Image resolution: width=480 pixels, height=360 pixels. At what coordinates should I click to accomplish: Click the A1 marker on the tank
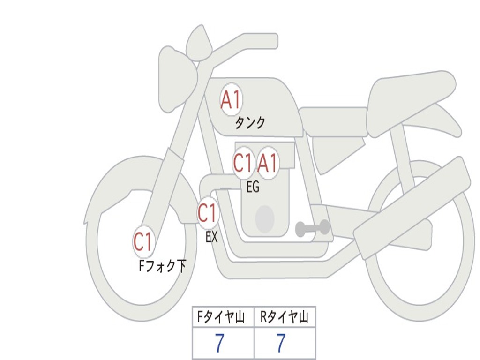[231, 100]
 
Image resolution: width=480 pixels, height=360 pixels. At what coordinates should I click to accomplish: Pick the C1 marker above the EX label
[208, 213]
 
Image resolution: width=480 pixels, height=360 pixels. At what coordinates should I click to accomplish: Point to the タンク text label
[250, 123]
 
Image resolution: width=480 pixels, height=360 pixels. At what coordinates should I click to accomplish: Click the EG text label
[253, 187]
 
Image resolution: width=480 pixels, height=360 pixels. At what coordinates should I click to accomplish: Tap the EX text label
[212, 237]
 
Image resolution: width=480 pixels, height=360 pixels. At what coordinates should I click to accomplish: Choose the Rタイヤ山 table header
[285, 318]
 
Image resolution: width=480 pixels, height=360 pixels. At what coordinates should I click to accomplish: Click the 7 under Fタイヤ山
[219, 344]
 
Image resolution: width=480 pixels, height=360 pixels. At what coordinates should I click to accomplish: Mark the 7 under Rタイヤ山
[280, 344]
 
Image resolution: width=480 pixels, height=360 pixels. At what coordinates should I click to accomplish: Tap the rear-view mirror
[199, 44]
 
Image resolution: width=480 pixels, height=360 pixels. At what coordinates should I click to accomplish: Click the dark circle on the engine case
[264, 218]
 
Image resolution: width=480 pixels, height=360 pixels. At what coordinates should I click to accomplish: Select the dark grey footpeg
[312, 228]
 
